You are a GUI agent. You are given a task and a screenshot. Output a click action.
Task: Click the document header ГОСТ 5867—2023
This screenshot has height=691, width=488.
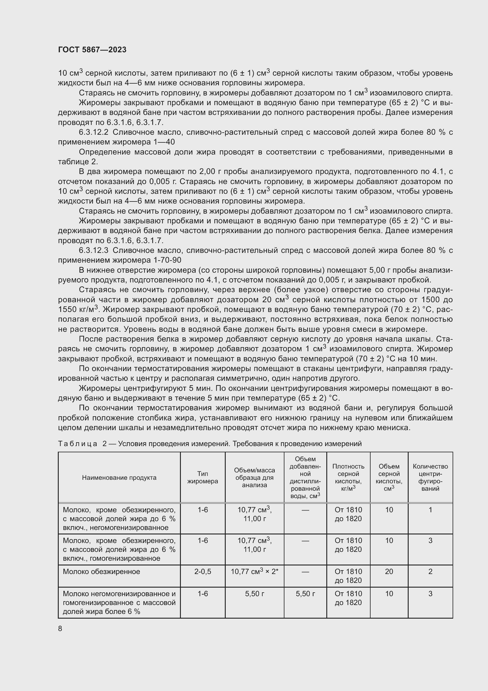92,50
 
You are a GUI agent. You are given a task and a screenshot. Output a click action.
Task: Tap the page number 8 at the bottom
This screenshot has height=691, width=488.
60,629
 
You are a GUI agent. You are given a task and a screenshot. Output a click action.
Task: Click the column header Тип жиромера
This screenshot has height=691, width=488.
202,478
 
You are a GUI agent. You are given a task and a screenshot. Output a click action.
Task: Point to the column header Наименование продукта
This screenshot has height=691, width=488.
119,478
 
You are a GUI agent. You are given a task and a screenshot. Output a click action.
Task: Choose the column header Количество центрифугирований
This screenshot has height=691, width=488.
430,478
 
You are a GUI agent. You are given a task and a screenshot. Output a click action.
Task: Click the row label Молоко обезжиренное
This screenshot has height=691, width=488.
101,572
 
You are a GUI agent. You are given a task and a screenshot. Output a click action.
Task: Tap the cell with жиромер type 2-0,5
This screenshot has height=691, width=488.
202,572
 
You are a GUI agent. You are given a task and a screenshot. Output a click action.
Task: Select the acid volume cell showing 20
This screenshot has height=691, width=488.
389,572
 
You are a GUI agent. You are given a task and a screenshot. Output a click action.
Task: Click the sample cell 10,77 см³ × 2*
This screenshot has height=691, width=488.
254,572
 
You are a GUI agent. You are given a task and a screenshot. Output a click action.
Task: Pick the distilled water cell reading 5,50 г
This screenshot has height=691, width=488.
305,594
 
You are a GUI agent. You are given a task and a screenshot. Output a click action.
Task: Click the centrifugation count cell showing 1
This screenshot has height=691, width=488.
430,510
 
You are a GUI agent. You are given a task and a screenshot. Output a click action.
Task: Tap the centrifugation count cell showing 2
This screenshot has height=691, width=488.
430,572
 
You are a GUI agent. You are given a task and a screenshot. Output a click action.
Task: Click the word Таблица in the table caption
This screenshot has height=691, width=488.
78,444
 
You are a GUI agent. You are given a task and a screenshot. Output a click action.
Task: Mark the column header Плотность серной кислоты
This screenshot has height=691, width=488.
348,478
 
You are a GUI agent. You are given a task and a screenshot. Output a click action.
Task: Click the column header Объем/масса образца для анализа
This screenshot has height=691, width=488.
254,478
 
